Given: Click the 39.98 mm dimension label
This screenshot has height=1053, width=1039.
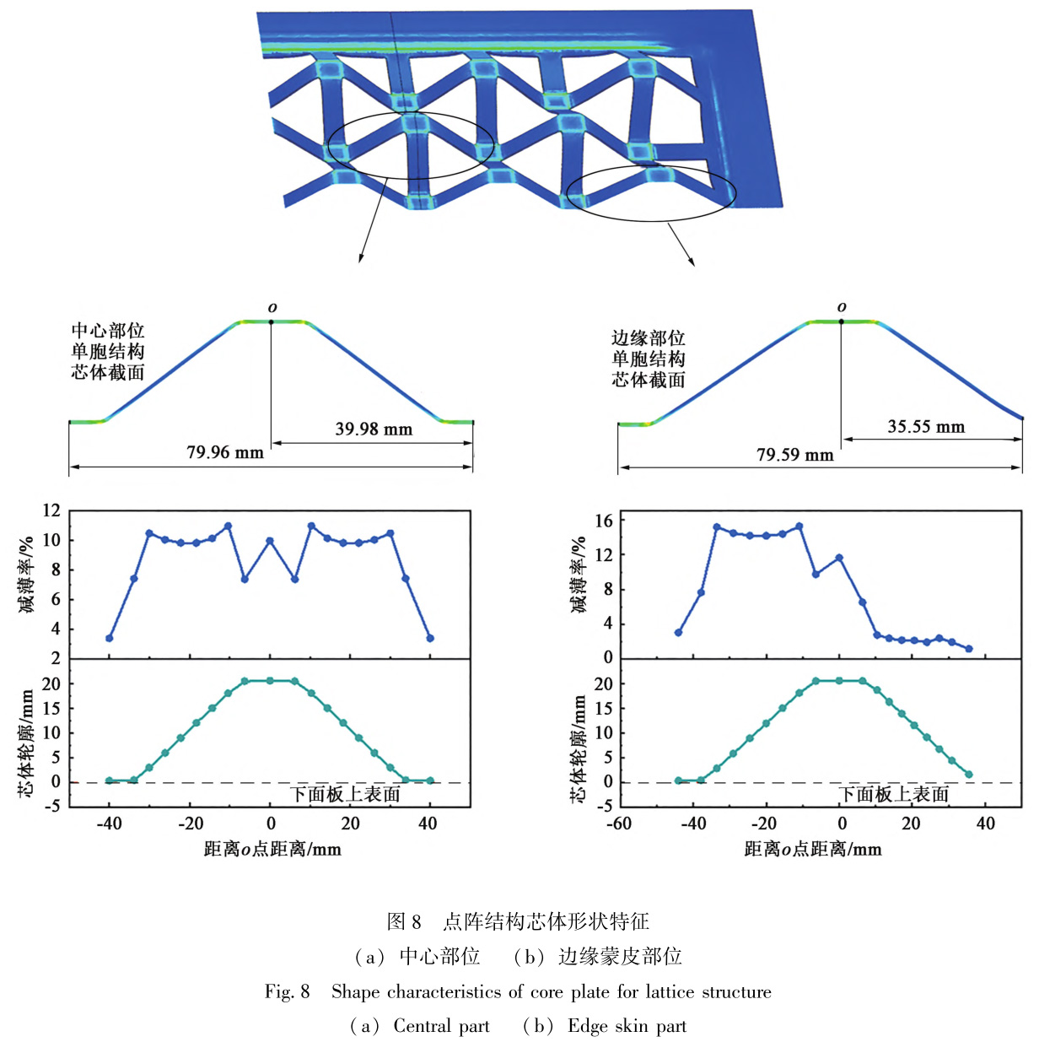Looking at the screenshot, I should [x=374, y=429].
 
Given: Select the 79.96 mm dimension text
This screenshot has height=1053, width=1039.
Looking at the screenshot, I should [x=224, y=453].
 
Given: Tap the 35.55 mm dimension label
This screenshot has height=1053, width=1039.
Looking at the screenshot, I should [x=925, y=427].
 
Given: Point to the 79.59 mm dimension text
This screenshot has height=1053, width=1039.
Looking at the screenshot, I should [x=794, y=456].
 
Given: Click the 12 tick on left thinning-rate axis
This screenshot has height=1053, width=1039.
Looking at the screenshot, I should [x=51, y=510].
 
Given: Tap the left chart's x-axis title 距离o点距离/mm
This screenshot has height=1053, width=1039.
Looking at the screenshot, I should [x=272, y=849].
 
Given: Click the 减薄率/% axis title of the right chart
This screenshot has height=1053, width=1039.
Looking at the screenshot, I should [x=579, y=575].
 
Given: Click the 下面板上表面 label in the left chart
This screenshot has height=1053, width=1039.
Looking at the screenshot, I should [x=346, y=794].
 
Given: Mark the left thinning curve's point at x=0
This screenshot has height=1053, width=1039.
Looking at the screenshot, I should [x=270, y=541].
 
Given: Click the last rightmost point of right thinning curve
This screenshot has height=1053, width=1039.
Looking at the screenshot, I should [x=969, y=649].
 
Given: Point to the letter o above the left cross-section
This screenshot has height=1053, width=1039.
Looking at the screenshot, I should [x=272, y=308].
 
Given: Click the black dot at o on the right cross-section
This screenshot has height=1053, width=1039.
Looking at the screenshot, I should [x=841, y=321].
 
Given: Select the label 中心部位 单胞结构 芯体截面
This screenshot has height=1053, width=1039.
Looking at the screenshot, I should [x=107, y=352].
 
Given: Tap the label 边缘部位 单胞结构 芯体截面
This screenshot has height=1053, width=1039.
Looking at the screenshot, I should [x=648, y=359].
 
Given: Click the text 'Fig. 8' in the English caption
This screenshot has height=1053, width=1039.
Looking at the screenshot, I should [x=287, y=991].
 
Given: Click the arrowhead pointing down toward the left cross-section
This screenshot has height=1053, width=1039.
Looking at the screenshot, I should [x=361, y=258].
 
